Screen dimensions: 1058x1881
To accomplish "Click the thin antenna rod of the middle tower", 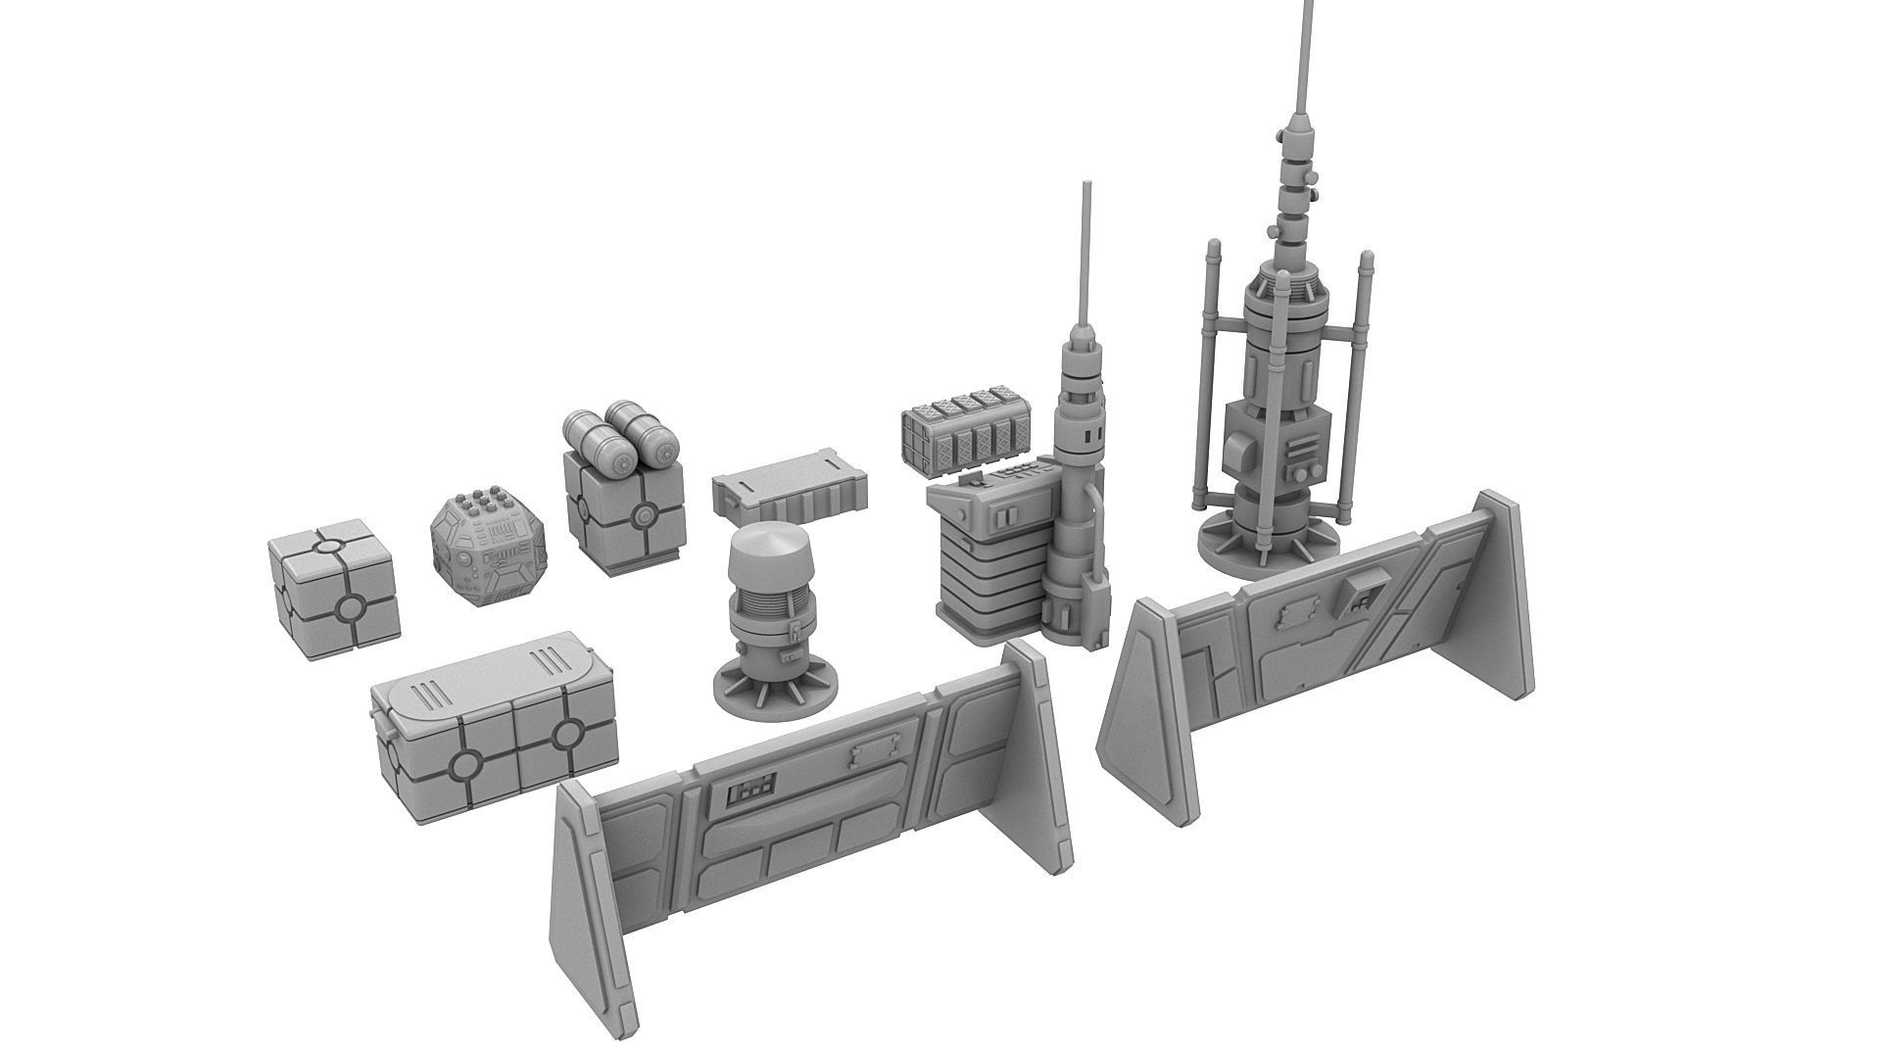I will tap(1085, 255).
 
